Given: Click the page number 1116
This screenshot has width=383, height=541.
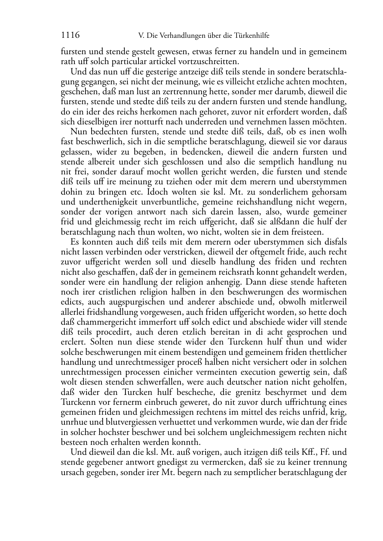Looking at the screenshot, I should pos(70,35).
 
